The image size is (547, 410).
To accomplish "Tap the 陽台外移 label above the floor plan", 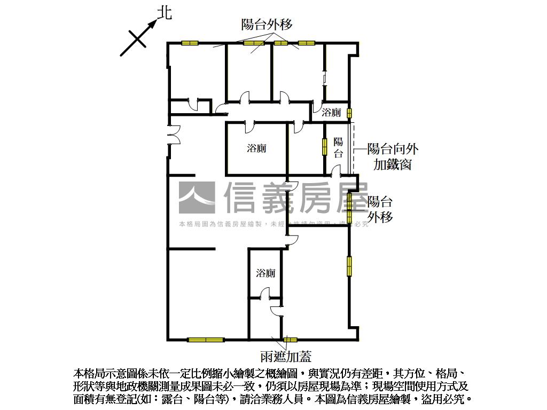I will pyautogui.click(x=267, y=24).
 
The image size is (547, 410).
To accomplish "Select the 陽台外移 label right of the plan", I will pyautogui.click(x=380, y=209).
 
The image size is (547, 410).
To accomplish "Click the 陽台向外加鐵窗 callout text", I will pyautogui.click(x=392, y=156).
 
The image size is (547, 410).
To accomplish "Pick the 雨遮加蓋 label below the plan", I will pyautogui.click(x=285, y=356).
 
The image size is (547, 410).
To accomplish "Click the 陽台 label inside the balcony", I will pyautogui.click(x=338, y=148).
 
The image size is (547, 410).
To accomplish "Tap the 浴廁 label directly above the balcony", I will pyautogui.click(x=332, y=113).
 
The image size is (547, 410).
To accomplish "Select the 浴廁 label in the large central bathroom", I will pyautogui.click(x=256, y=148).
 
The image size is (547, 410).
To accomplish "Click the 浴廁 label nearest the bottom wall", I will pyautogui.click(x=265, y=273).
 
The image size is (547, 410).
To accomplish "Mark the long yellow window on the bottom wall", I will pyautogui.click(x=206, y=339).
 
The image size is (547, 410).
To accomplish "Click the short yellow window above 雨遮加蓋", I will pyautogui.click(x=290, y=339).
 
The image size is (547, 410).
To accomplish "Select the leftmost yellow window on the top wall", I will pyautogui.click(x=190, y=43).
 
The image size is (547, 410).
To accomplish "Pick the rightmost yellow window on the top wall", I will pyautogui.click(x=306, y=43).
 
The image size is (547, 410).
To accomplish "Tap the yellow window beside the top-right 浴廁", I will pyautogui.click(x=349, y=113).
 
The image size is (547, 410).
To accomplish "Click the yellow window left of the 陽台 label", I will pyautogui.click(x=324, y=147).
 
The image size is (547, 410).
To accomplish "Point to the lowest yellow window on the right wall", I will pyautogui.click(x=349, y=266).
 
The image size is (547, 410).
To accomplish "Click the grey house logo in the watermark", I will pyautogui.click(x=197, y=198).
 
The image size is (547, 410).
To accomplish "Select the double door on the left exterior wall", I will pyautogui.click(x=171, y=139).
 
